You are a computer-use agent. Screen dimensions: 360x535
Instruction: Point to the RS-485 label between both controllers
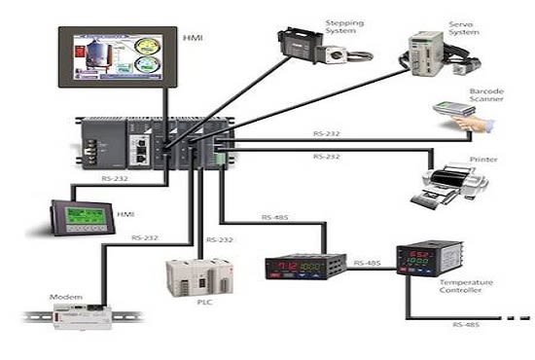[367, 263]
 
